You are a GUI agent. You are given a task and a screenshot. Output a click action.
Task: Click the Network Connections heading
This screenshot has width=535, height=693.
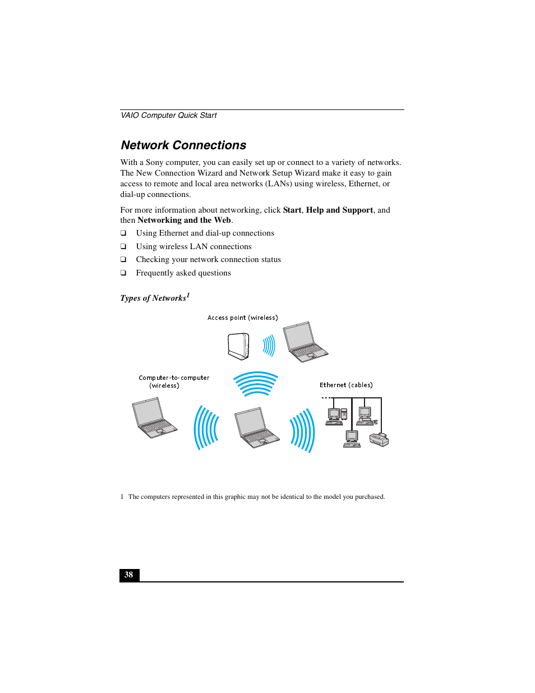[x=183, y=145]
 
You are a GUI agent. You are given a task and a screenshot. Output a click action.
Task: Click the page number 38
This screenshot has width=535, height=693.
[x=129, y=575]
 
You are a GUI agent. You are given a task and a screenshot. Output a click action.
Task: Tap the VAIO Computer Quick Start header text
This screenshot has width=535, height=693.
[x=169, y=116]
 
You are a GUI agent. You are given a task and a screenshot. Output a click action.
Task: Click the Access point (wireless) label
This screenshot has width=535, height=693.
[x=242, y=318]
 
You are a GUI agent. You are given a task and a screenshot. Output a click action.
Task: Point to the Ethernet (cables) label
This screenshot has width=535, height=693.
[x=346, y=385]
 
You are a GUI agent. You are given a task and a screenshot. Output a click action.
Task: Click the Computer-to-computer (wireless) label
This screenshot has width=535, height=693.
[x=174, y=382]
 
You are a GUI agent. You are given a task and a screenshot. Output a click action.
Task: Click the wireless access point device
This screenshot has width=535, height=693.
[x=238, y=346]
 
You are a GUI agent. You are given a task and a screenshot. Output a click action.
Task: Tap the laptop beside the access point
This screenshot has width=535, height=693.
[x=305, y=342]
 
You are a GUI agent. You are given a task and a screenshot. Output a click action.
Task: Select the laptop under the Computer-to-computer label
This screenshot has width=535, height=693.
[x=154, y=418]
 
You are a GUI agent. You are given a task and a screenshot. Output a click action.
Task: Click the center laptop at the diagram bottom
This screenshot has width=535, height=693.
[x=256, y=428]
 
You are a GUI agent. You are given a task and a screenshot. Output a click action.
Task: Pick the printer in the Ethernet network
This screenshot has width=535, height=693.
[x=379, y=440]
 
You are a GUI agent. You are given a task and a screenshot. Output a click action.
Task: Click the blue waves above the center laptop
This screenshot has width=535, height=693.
[x=256, y=384]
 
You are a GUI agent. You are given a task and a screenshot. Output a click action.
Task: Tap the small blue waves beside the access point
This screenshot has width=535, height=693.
[x=269, y=346]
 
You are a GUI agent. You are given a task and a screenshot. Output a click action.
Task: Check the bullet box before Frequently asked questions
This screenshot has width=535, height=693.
[x=123, y=273]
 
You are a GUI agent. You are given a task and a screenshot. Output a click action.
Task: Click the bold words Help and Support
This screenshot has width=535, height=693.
[x=339, y=210]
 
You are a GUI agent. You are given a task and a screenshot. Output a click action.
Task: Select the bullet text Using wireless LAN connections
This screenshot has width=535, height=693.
[x=193, y=246]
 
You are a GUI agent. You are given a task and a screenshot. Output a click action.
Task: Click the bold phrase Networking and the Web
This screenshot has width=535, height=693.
[x=184, y=221]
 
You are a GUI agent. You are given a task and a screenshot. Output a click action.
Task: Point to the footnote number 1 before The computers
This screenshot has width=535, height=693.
[x=122, y=497]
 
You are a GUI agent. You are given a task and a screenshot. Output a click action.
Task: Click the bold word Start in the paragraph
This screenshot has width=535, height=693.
[x=292, y=210]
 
